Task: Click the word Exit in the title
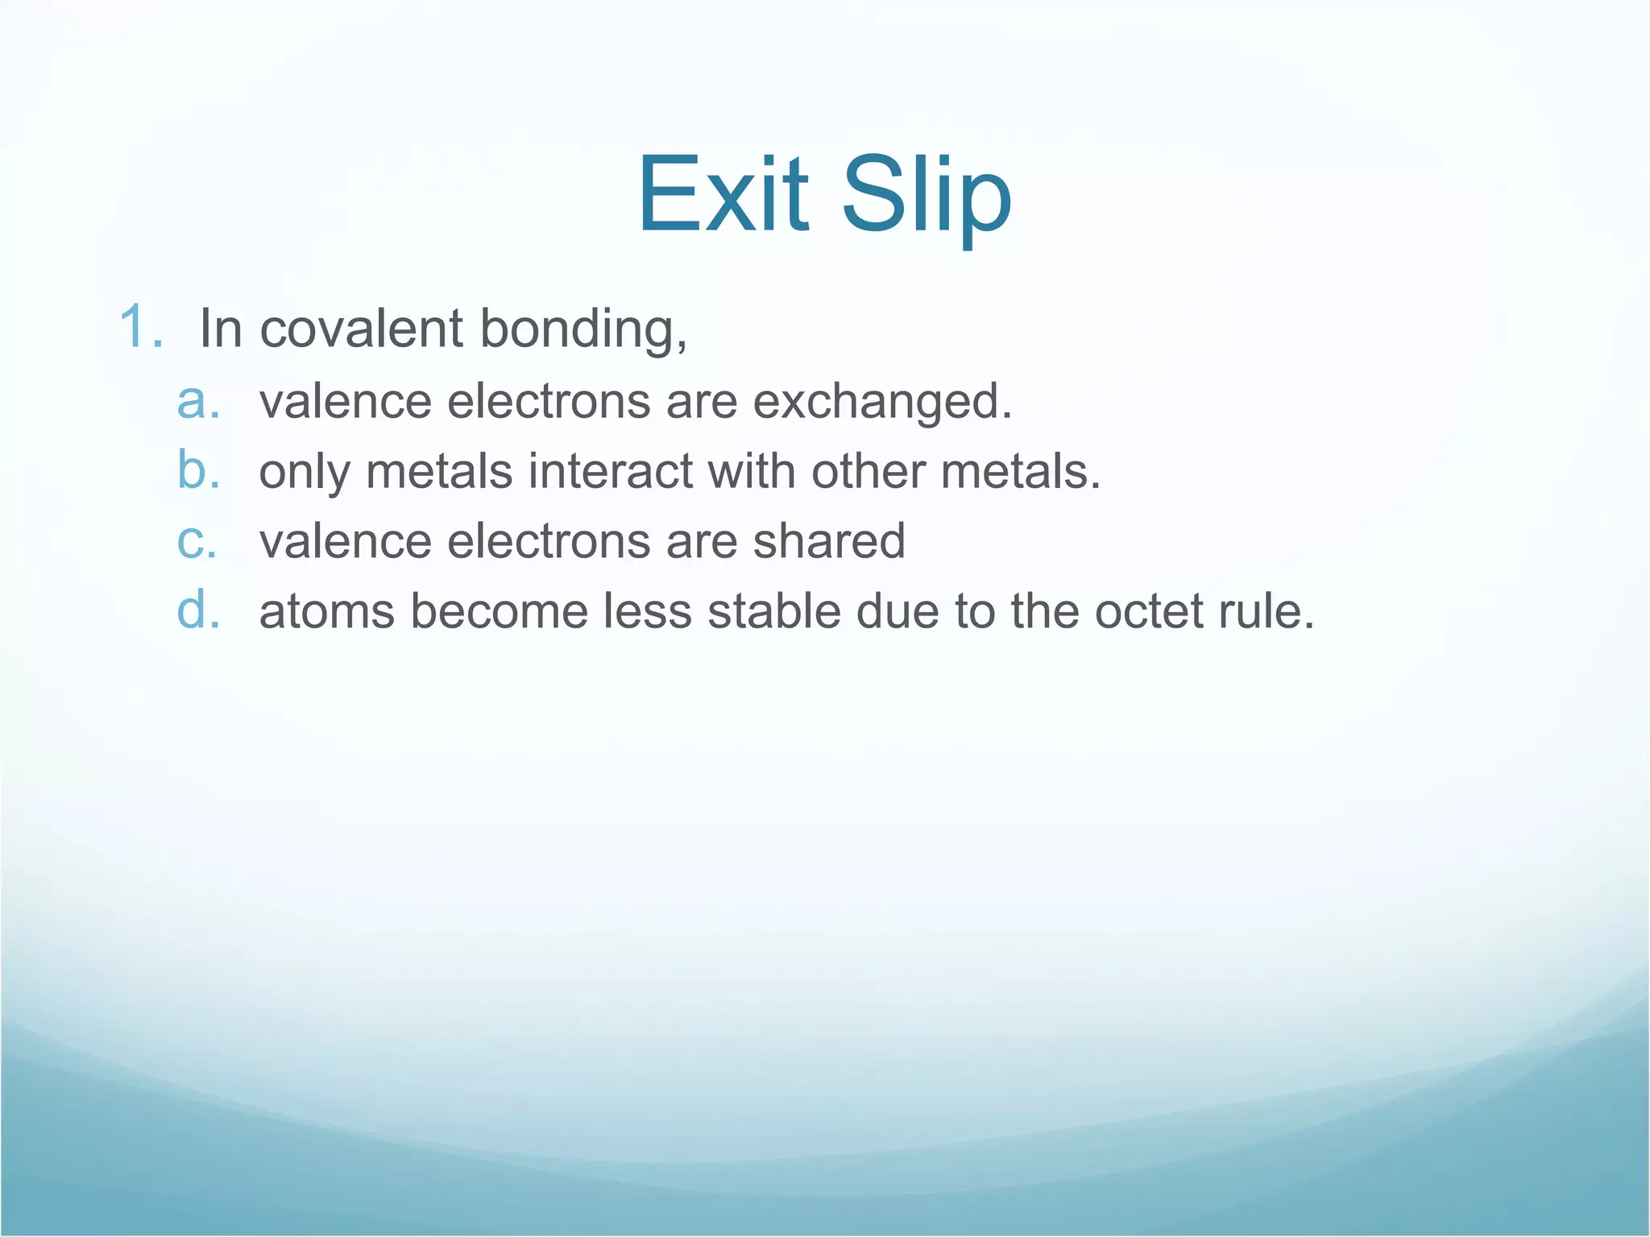pos(723,195)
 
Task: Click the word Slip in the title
pos(927,195)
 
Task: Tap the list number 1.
pos(140,328)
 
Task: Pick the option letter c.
pos(197,541)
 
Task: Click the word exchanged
pos(882,402)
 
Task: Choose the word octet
pos(1147,611)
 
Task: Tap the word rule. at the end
pos(1266,611)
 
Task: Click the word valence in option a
pos(346,402)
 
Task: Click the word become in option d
pos(499,611)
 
